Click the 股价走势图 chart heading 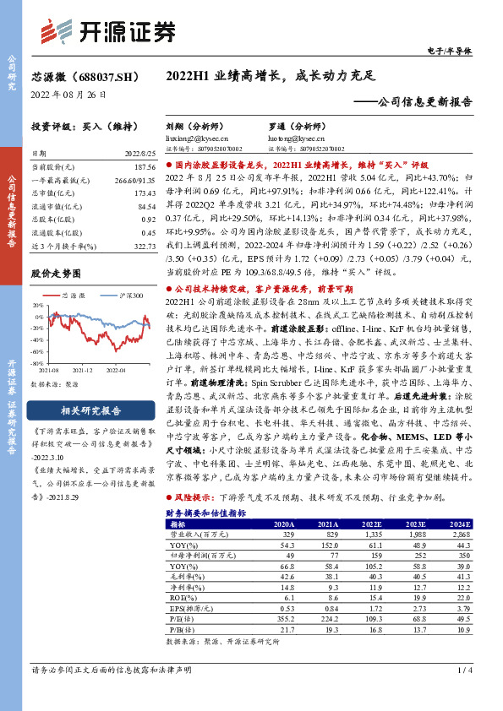point(56,274)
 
